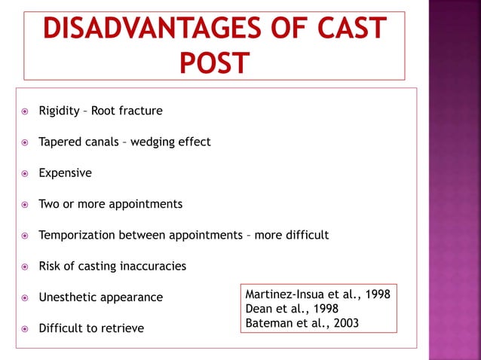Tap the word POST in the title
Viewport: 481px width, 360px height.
pos(214,63)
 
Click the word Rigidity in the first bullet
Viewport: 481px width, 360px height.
pos(60,111)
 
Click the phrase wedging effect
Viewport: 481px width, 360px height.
pos(171,142)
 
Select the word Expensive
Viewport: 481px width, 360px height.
pos(66,173)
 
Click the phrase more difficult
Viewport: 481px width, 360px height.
pos(292,235)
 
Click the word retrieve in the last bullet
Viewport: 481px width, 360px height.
pos(123,328)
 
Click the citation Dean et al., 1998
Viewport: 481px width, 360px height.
pos(292,309)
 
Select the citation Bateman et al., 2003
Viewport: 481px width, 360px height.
pos(302,323)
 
